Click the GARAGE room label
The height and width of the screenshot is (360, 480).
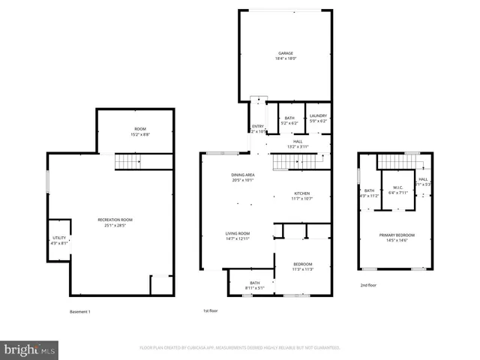click(286, 53)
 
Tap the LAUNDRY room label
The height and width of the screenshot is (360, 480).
click(319, 116)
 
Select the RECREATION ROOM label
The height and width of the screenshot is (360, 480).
click(115, 219)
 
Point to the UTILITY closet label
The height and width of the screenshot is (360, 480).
click(59, 238)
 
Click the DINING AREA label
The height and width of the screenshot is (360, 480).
click(243, 175)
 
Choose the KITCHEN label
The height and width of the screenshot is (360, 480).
click(301, 193)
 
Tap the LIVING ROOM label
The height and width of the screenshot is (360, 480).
click(238, 234)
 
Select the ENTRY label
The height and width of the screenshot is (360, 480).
click(257, 127)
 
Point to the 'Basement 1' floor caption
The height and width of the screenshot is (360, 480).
click(79, 311)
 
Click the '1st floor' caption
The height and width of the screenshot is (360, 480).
click(210, 310)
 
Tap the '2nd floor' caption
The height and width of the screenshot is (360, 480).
click(368, 285)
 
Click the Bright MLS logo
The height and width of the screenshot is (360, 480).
click(30, 349)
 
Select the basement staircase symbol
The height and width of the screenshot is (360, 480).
click(127, 162)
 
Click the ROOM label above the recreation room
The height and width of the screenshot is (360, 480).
click(141, 130)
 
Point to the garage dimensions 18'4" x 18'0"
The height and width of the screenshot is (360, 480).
click(286, 58)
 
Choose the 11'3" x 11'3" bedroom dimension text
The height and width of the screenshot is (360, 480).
click(303, 269)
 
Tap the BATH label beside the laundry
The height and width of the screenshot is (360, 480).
click(289, 117)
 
